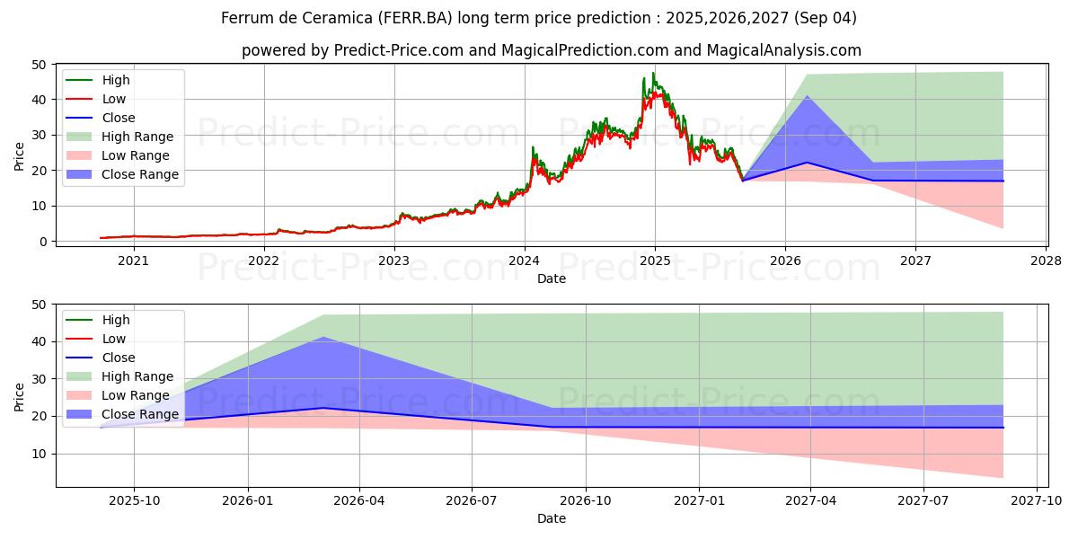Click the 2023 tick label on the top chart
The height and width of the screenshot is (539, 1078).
tap(394, 261)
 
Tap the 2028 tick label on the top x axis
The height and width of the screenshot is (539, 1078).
tap(1046, 261)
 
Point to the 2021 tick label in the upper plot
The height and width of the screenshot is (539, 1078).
tap(134, 261)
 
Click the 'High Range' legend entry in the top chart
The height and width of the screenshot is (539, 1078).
tap(137, 137)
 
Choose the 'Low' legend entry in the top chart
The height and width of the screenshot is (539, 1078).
tap(114, 99)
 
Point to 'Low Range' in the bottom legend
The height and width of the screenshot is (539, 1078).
tap(136, 395)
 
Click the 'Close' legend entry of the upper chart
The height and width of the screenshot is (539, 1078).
tap(119, 118)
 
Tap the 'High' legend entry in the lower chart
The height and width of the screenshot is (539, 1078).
tap(116, 320)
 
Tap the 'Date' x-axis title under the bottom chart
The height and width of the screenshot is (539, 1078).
tap(552, 519)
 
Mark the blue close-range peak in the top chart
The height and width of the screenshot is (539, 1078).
tap(807, 96)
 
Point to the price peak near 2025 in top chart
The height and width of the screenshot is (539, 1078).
tap(653, 73)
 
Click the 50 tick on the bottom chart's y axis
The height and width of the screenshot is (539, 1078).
tap(40, 305)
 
